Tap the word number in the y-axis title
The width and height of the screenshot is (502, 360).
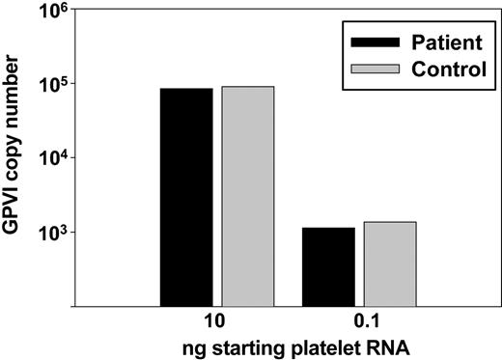click(x=17, y=105)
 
